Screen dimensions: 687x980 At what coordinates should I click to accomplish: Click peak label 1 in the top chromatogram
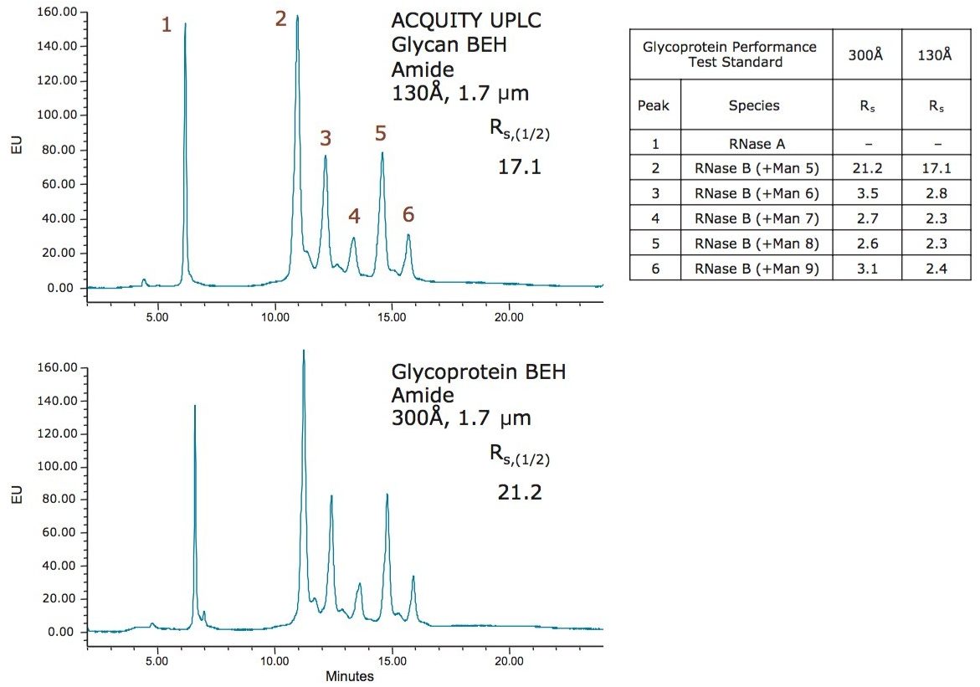pos(167,25)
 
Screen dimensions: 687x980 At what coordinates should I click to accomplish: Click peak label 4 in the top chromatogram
pos(354,216)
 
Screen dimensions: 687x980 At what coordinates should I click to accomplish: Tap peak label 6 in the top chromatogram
pos(408,214)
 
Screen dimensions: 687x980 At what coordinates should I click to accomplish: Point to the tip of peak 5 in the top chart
pos(382,152)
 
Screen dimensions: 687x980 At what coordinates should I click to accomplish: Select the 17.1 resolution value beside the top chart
pos(520,167)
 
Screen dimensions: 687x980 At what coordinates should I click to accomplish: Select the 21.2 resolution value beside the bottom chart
pos(520,492)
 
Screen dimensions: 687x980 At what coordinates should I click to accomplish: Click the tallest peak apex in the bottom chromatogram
pos(303,351)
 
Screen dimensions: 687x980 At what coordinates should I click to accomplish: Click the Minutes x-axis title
pos(349,675)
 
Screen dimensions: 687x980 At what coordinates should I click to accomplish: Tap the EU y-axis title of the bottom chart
pos(17,496)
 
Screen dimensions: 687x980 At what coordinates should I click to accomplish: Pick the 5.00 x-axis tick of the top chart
pos(157,317)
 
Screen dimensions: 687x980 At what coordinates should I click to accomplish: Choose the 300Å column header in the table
pos(866,54)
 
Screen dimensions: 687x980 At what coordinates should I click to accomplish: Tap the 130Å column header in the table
pos(935,54)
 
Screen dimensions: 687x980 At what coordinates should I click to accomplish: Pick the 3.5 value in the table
pos(866,194)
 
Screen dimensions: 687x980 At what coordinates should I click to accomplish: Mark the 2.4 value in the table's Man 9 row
pos(935,269)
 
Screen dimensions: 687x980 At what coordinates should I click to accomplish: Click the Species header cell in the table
pos(754,105)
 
